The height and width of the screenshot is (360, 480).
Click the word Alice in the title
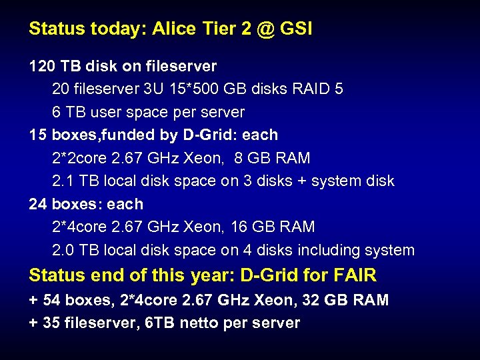pyautogui.click(x=172, y=29)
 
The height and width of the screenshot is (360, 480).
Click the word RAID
pyautogui.click(x=312, y=89)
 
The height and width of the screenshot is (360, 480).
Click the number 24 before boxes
pyautogui.click(x=38, y=205)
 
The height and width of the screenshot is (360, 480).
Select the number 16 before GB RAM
pyautogui.click(x=239, y=227)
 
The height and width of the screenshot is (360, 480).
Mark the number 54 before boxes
pyautogui.click(x=51, y=301)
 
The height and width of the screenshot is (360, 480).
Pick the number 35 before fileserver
pyautogui.click(x=51, y=323)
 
